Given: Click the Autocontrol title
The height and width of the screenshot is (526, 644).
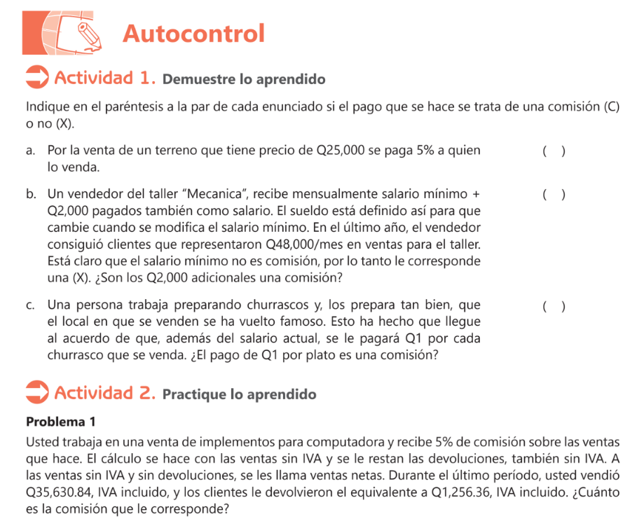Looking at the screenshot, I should click(x=193, y=33).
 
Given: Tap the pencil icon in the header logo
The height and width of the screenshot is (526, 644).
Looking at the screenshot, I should click(x=87, y=31).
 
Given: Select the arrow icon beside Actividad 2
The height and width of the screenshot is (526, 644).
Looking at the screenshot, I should click(x=36, y=392).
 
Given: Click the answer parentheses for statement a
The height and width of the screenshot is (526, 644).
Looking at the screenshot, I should click(x=554, y=151).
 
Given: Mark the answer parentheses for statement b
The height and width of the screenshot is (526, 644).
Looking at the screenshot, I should click(x=554, y=194).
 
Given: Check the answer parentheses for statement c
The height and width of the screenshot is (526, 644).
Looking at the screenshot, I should click(x=554, y=306).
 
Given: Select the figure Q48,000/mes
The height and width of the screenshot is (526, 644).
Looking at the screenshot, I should click(x=316, y=244).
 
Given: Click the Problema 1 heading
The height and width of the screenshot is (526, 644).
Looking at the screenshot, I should click(x=60, y=422).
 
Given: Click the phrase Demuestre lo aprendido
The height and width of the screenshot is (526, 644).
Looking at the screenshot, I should click(x=244, y=79).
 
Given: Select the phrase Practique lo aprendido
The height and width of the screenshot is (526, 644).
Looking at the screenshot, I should click(x=239, y=394).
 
